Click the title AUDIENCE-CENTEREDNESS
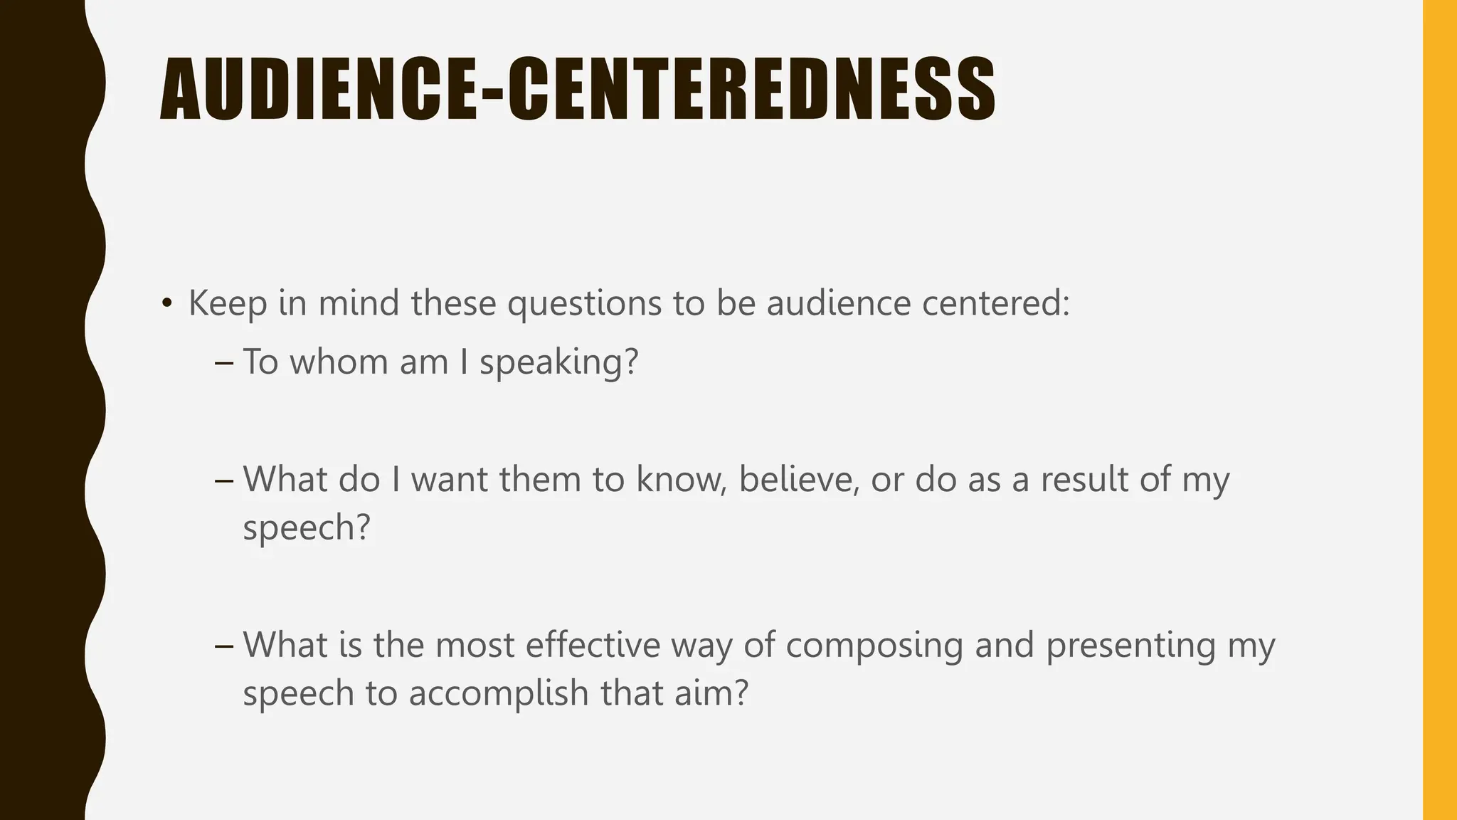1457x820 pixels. tap(577, 89)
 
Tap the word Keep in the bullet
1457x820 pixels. tap(228, 304)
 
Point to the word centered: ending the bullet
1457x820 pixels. tap(995, 304)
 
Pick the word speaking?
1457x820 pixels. tap(558, 363)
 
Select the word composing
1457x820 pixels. tap(874, 646)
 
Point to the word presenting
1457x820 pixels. tap(1130, 646)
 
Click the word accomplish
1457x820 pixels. tap(498, 693)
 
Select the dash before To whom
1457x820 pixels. tap(223, 363)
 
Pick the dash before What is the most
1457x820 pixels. tap(223, 646)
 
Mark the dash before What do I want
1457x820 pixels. tap(223, 480)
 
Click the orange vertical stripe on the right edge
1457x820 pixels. tap(1440, 410)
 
